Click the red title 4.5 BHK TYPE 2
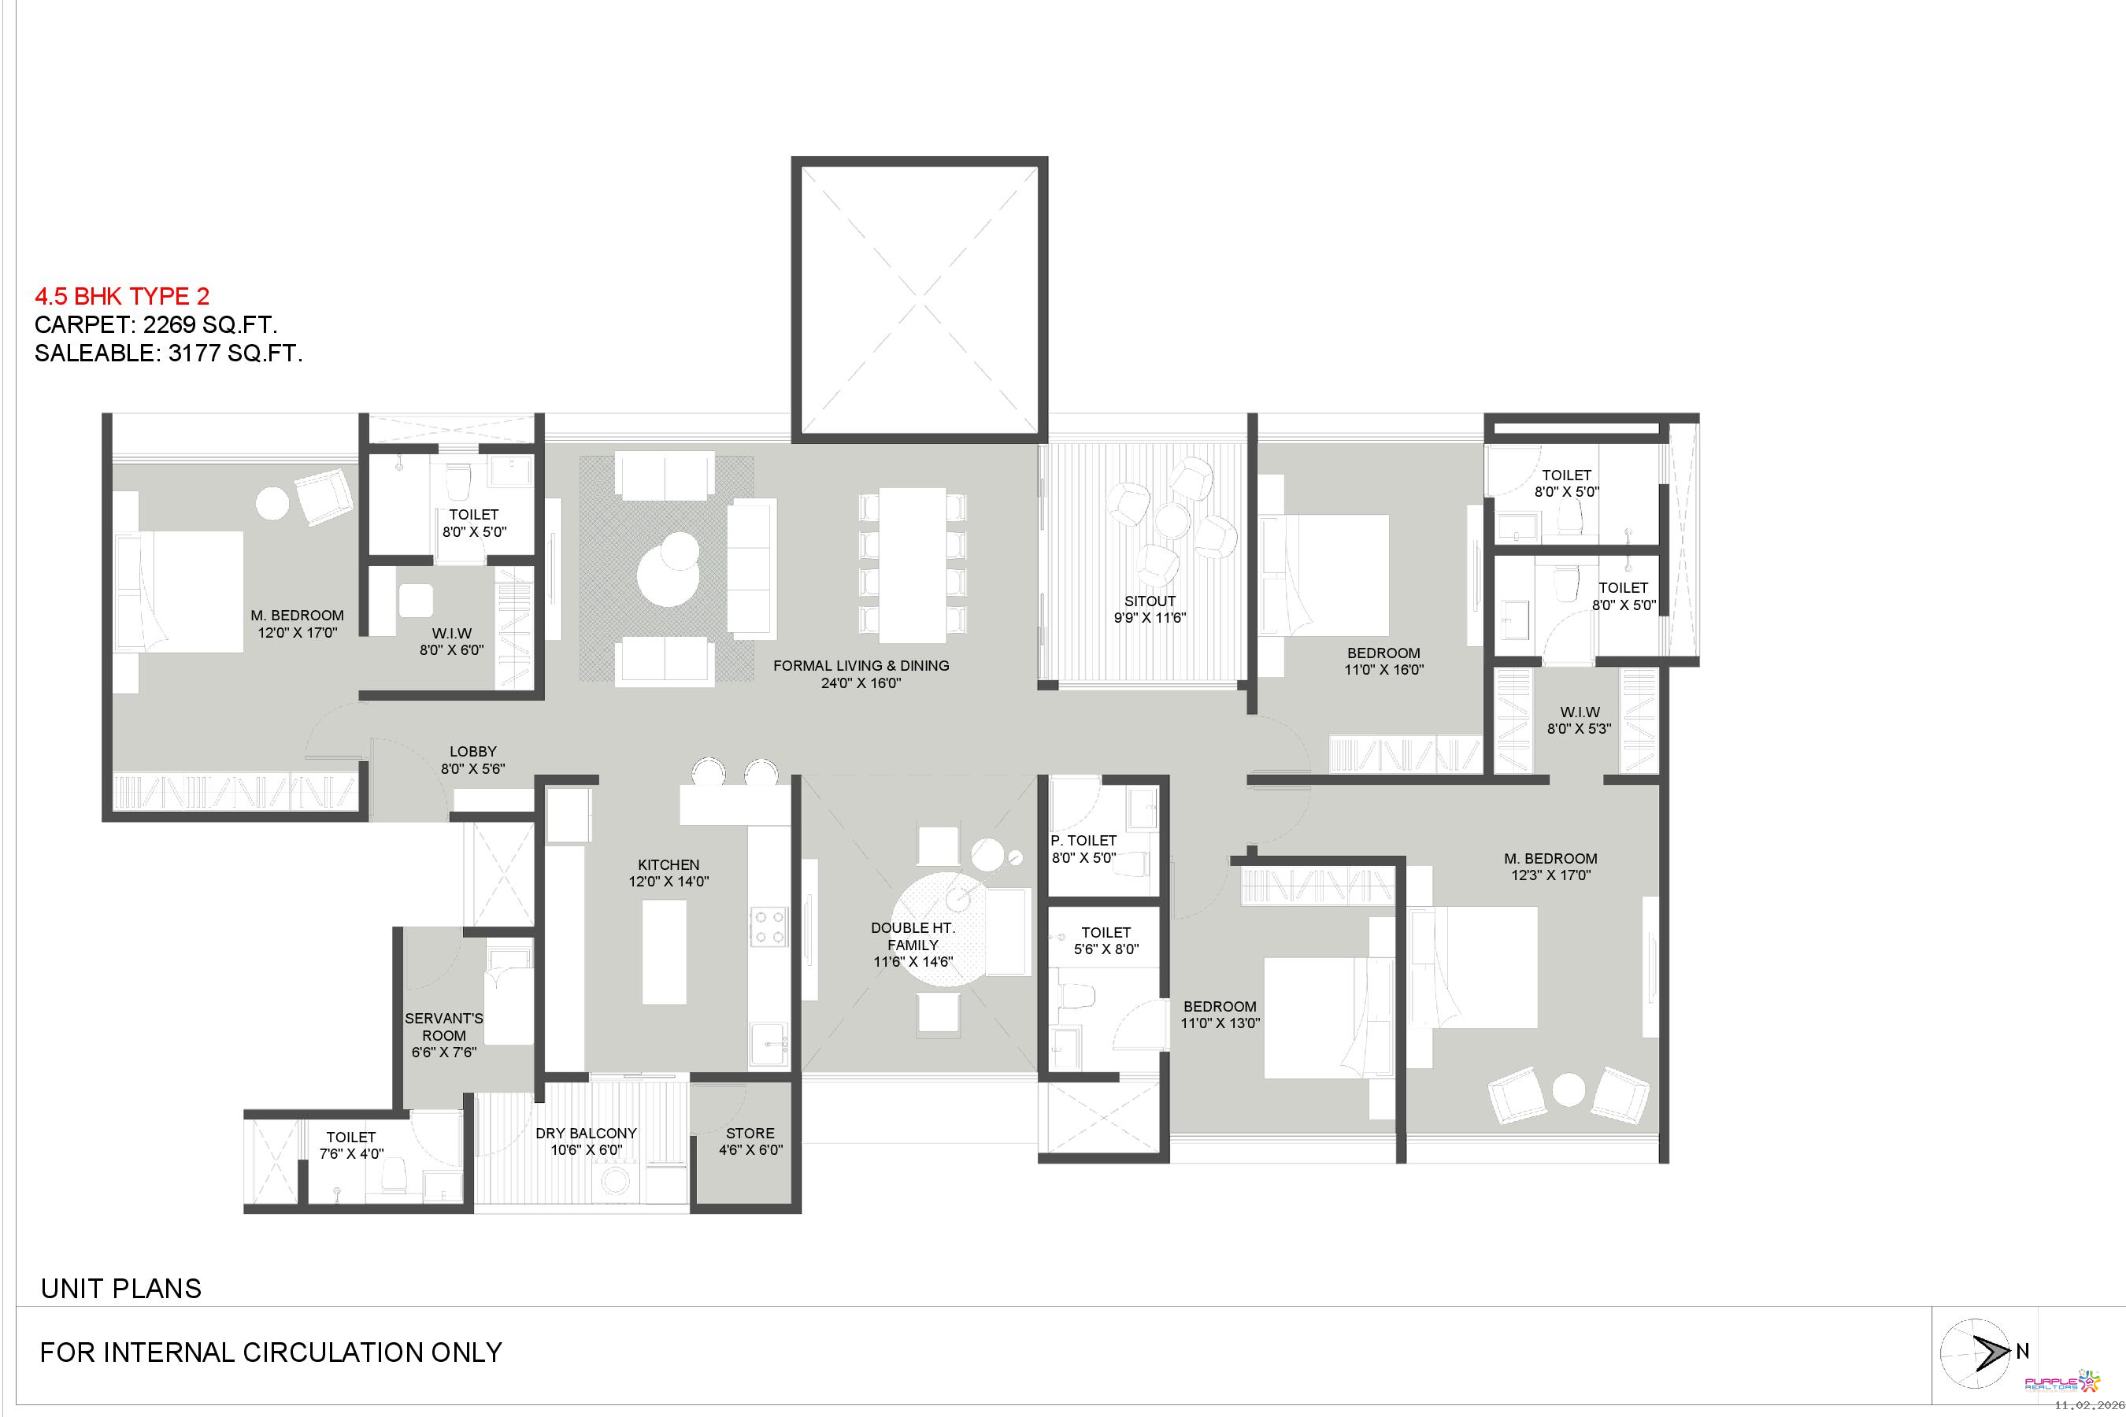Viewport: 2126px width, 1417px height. coord(122,297)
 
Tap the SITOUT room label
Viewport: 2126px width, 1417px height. coord(1150,601)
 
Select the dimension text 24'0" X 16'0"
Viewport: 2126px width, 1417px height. coord(861,683)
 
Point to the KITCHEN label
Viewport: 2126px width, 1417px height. coord(668,865)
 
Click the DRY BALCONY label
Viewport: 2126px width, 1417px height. coord(586,1134)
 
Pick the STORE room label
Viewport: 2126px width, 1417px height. coord(750,1134)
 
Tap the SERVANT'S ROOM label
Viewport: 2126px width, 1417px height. coord(444,1027)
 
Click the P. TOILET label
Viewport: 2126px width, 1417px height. coord(1083,841)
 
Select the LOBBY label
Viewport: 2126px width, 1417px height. coord(472,752)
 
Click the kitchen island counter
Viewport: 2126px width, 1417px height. coord(664,952)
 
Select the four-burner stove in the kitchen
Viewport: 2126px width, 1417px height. coord(769,927)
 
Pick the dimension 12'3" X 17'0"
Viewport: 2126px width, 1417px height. coord(1550,875)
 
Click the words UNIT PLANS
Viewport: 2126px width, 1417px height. coord(121,1289)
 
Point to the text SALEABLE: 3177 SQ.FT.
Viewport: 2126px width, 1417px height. coord(169,353)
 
